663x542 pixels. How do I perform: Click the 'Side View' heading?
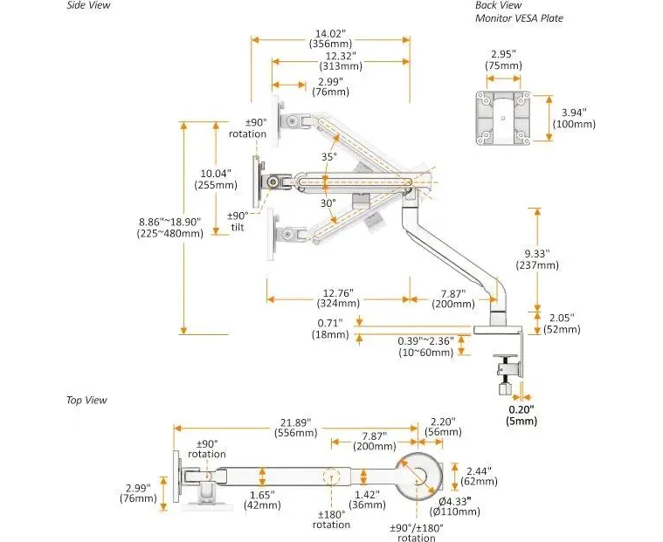(90, 5)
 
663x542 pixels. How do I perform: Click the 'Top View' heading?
(86, 400)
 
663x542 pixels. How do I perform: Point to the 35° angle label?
(328, 157)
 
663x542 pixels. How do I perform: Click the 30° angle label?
(328, 203)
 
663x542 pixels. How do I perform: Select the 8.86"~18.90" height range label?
(169, 227)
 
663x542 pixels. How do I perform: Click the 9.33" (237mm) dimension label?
(558, 259)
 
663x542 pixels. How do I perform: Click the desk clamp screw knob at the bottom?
(504, 385)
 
